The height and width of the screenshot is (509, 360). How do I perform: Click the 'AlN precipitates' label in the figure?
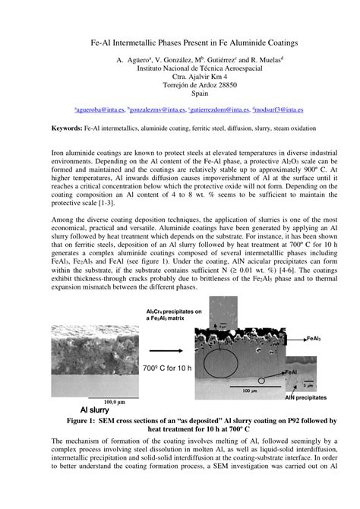[306, 397]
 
